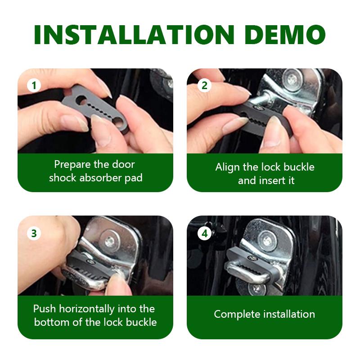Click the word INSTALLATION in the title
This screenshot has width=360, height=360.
click(x=134, y=35)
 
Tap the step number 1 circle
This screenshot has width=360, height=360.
click(x=34, y=85)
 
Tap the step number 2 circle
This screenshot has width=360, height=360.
click(x=204, y=85)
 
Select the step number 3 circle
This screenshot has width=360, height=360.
click(x=34, y=233)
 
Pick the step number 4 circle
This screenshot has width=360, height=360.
click(x=204, y=234)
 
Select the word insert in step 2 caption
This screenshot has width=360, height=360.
click(x=271, y=180)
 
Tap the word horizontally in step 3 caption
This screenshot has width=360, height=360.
click(x=87, y=309)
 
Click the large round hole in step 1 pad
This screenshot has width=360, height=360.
click(x=81, y=100)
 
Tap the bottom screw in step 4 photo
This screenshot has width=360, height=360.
click(x=257, y=289)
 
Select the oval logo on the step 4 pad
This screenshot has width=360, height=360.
click(x=252, y=258)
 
